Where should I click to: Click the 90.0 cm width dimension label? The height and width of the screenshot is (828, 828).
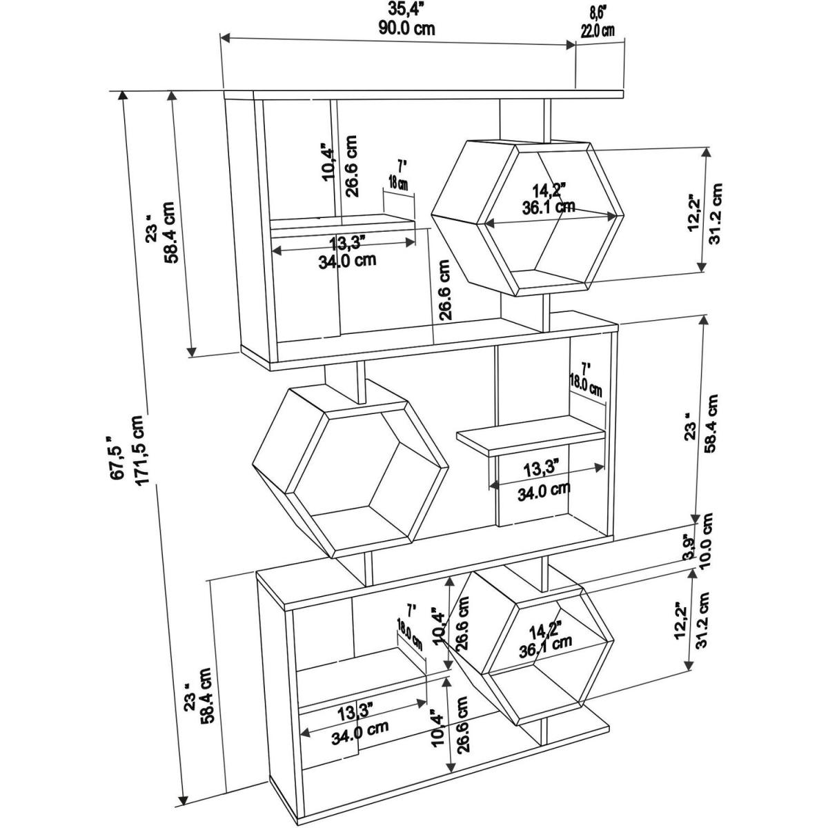click(407, 28)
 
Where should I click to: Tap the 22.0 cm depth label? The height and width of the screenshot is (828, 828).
click(598, 30)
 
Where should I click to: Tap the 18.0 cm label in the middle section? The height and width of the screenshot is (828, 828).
click(585, 384)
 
